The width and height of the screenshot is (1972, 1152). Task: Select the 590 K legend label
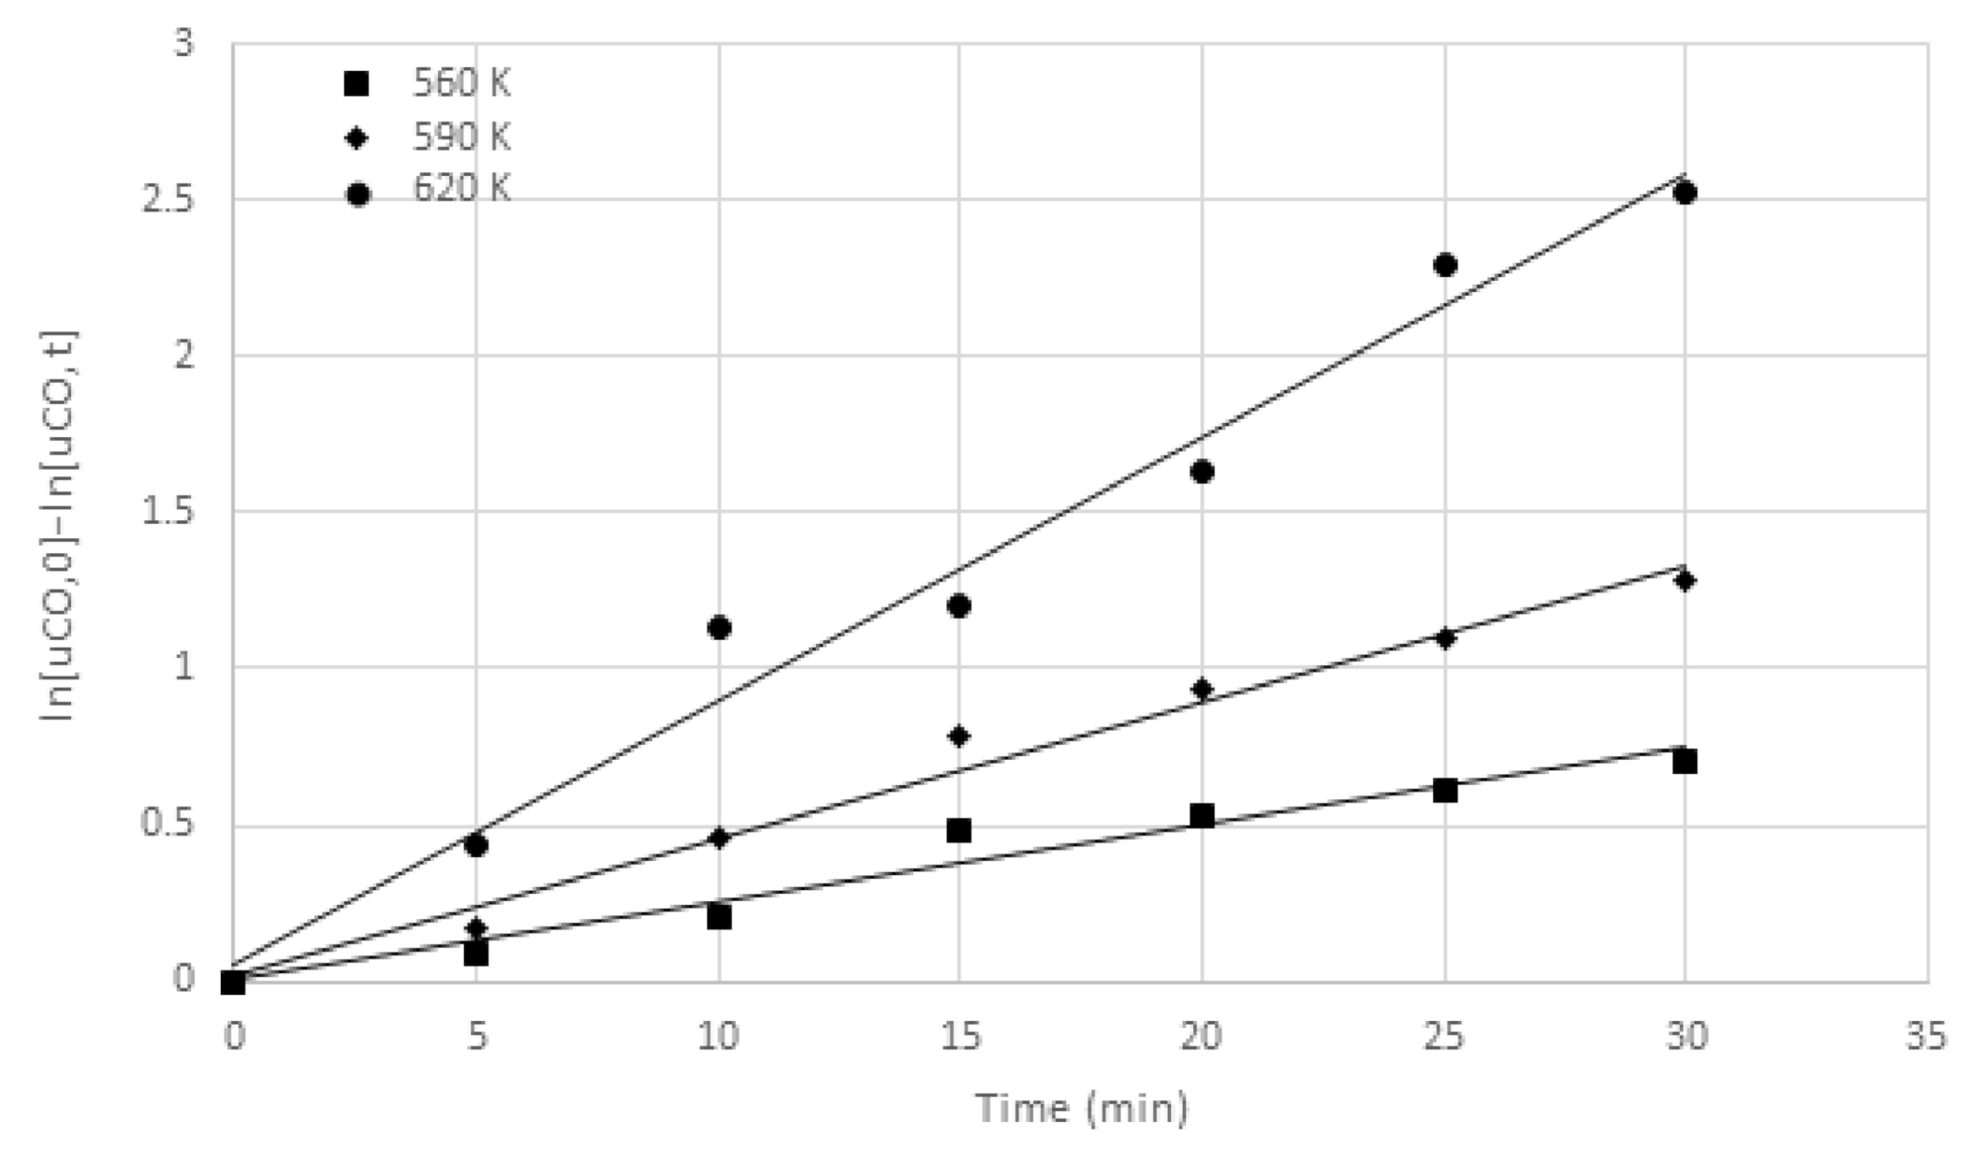[x=461, y=138]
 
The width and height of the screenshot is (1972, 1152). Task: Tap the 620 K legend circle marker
[x=358, y=194]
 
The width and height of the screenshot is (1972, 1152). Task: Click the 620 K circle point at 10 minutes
[x=719, y=627]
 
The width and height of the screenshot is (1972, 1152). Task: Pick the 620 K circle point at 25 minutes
[x=1445, y=265]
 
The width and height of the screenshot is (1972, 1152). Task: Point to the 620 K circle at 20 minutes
[x=1203, y=471]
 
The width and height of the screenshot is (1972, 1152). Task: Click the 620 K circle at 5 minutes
[x=475, y=845]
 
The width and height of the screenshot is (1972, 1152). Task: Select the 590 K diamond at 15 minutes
[x=958, y=736]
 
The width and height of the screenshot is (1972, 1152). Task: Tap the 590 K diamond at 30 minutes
[x=1685, y=581]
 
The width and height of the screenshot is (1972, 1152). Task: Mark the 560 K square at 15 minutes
[x=958, y=830]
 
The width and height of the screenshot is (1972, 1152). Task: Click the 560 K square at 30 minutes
[x=1685, y=761]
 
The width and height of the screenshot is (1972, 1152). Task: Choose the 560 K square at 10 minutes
[x=719, y=917]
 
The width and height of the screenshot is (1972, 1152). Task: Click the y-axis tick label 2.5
[x=168, y=199]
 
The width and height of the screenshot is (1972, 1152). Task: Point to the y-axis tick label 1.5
[x=168, y=512]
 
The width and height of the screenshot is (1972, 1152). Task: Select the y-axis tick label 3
[x=183, y=43]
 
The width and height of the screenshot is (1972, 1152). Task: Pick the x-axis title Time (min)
[x=1082, y=1108]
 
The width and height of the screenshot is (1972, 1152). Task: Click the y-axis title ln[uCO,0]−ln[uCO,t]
[x=58, y=526]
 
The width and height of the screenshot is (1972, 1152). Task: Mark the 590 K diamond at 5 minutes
[x=475, y=928]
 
